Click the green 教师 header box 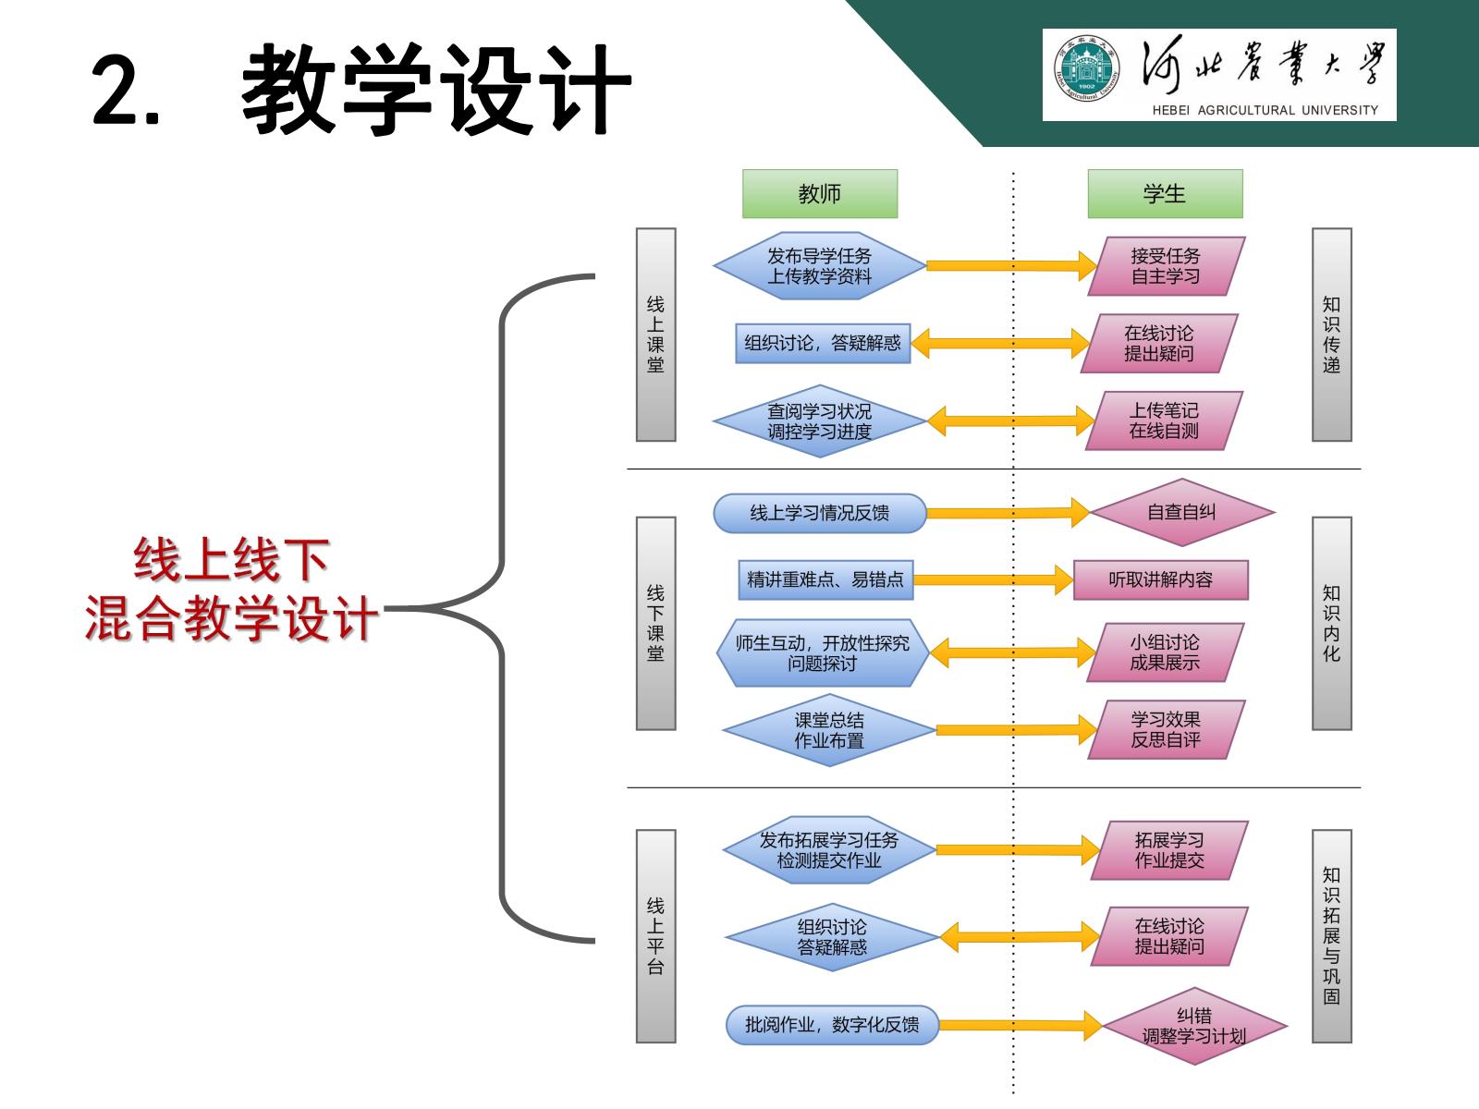pos(819,194)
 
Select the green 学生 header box pos(1164,194)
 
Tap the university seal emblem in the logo pos(1086,75)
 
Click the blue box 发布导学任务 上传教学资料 pos(819,266)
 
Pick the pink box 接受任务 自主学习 pos(1166,266)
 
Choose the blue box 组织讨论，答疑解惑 pos(823,343)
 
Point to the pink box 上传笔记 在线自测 pos(1164,420)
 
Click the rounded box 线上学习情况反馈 pos(819,513)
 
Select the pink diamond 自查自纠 pos(1181,512)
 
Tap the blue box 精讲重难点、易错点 pos(825,579)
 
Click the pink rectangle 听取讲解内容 pos(1160,579)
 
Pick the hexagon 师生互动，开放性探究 pos(823,652)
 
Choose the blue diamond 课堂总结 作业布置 pos(829,730)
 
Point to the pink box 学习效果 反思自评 pos(1166,729)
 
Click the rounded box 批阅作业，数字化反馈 pos(832,1025)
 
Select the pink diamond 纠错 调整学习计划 pos(1193,1026)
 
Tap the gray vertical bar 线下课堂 pos(655,623)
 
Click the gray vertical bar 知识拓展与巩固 pos(1331,935)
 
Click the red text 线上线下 pos(231,560)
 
